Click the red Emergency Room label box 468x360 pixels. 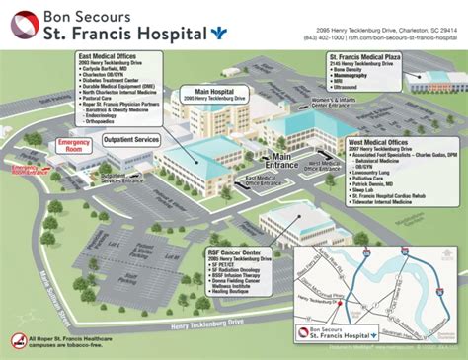(74, 145)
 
